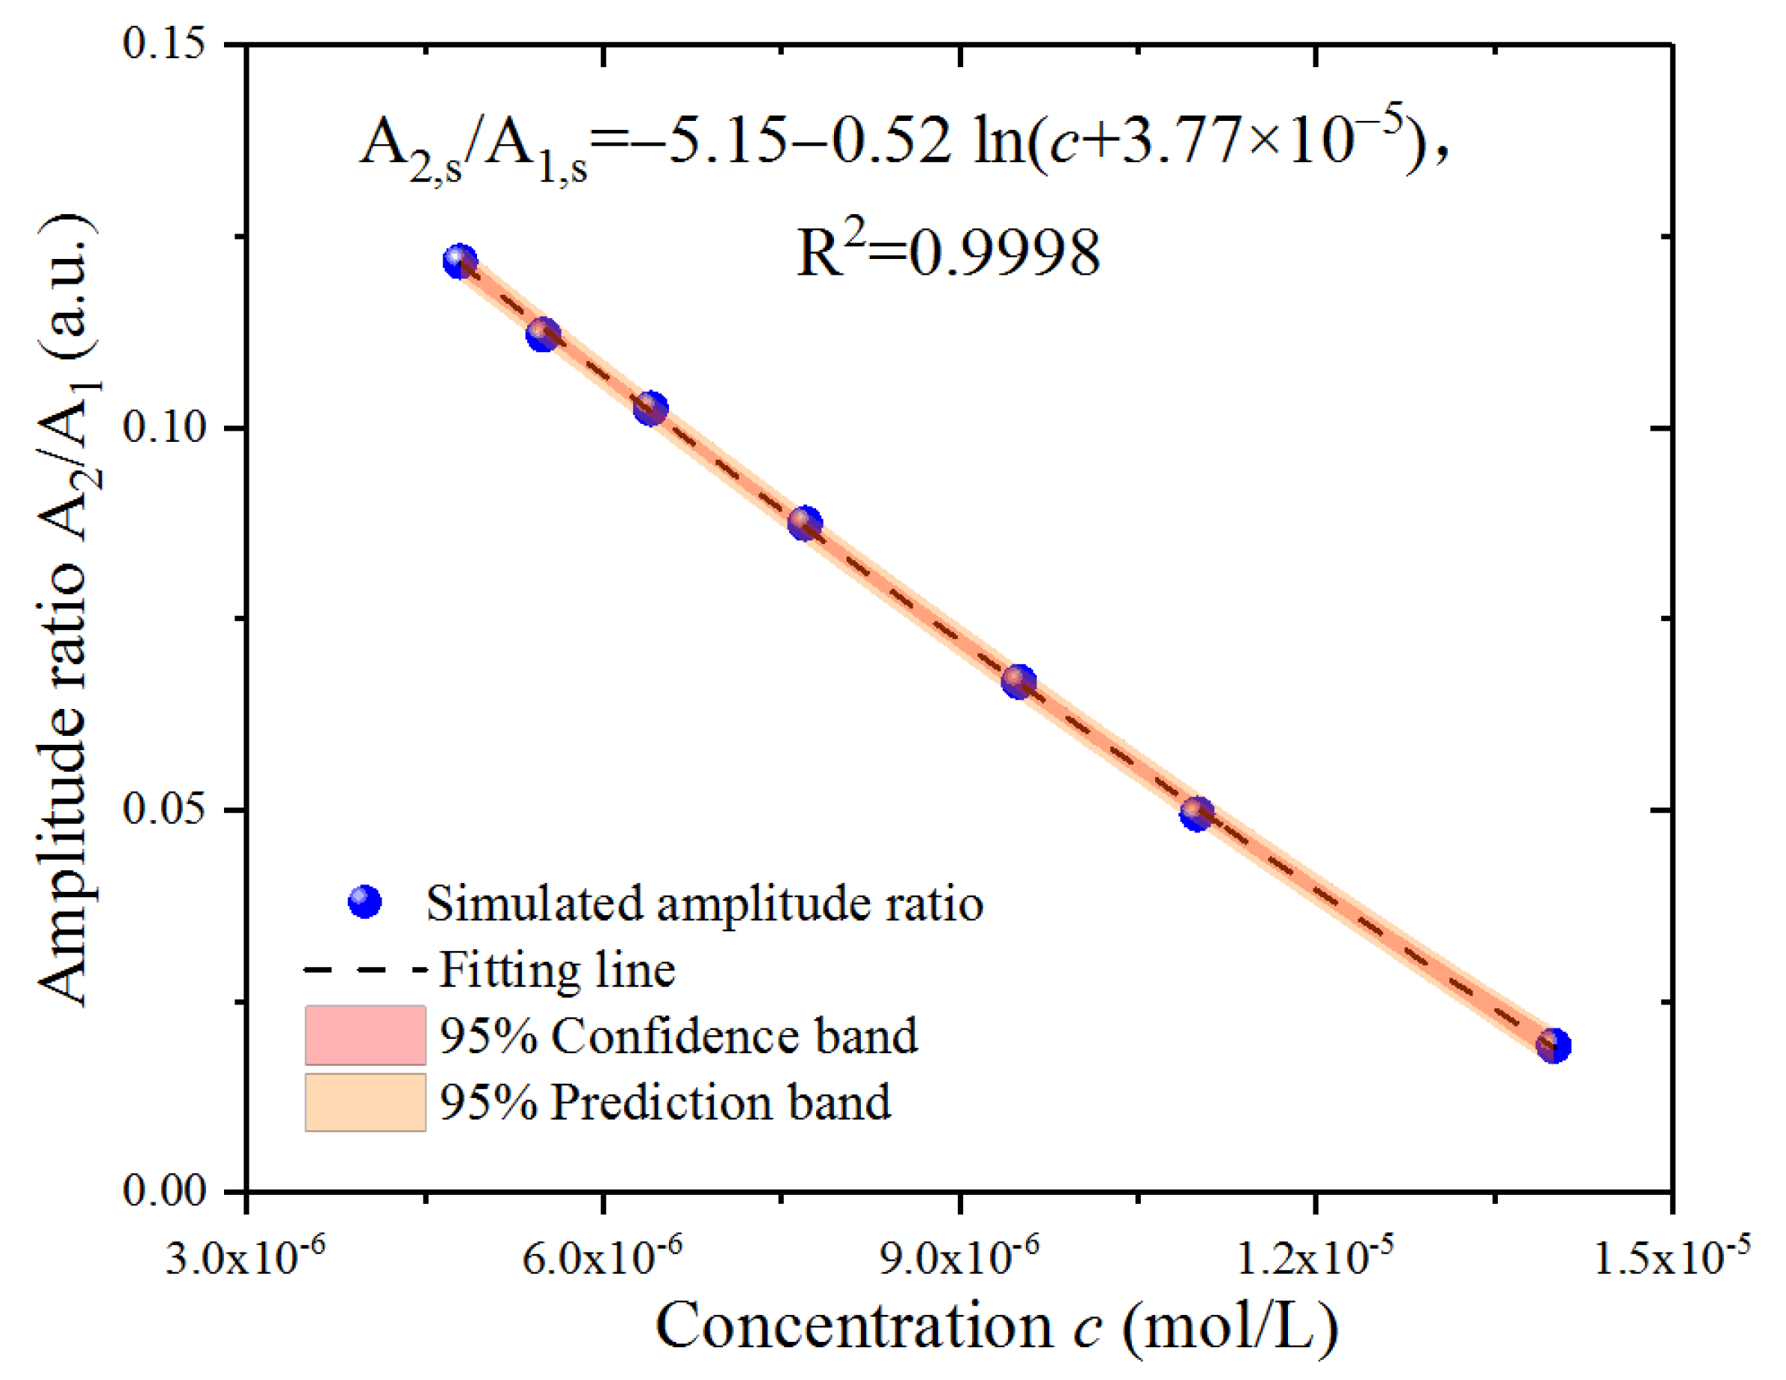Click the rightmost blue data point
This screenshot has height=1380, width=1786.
pos(1553,1046)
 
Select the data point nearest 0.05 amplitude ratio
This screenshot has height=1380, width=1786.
pos(1196,814)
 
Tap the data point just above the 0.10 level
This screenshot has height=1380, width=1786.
pos(651,408)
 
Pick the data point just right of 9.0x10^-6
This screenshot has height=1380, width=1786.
pos(1019,680)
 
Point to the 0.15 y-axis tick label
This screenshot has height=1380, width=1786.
pos(164,43)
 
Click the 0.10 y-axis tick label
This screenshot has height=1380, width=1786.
pos(164,427)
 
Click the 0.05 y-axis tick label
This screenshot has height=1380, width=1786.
pos(164,809)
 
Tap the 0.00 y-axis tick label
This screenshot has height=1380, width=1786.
pos(164,1191)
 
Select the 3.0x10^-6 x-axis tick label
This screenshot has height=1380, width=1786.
pos(246,1258)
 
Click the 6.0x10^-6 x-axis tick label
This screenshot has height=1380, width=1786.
pos(602,1258)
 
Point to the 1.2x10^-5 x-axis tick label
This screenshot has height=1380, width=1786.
pos(1315,1258)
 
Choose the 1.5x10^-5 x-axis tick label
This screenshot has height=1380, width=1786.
pos(1672,1258)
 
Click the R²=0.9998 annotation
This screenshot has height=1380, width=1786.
pos(948,252)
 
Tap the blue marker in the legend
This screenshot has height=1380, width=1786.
pos(364,902)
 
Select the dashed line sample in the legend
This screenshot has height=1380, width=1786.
pos(364,970)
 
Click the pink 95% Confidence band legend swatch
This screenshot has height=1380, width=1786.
pos(364,1035)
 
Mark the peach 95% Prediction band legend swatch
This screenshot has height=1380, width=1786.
pos(364,1102)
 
